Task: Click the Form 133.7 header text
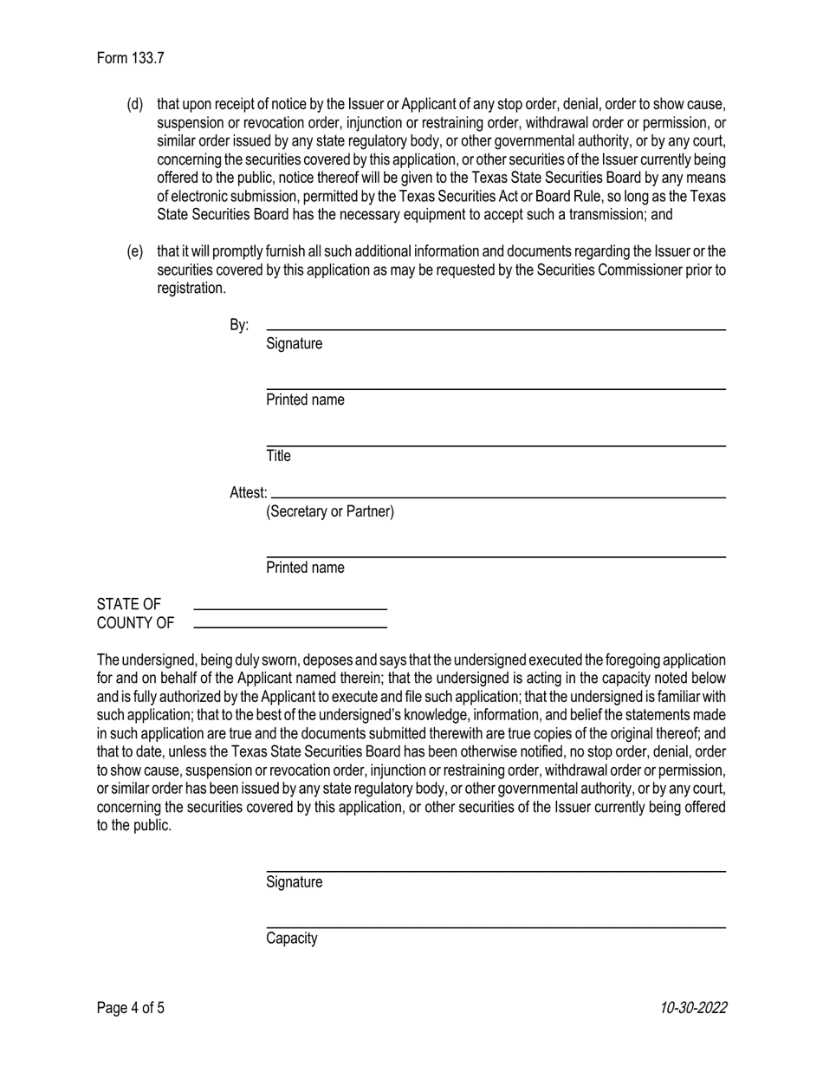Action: [x=130, y=59]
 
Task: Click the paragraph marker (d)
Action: [x=135, y=105]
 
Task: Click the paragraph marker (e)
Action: [x=135, y=252]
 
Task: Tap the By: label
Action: [x=239, y=326]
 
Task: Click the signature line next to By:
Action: [x=496, y=329]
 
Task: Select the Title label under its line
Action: [x=278, y=456]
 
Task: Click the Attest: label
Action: [x=248, y=493]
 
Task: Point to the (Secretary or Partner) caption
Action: [x=330, y=511]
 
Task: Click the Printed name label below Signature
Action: [x=305, y=400]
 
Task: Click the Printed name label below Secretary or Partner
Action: [x=305, y=569]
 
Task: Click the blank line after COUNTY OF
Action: [x=289, y=626]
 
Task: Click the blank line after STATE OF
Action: [x=289, y=608]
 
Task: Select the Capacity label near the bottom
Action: [x=292, y=939]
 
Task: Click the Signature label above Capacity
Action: [x=295, y=882]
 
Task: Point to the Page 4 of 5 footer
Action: [x=130, y=1008]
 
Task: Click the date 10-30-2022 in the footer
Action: [x=693, y=1008]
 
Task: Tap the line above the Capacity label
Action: [x=496, y=927]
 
